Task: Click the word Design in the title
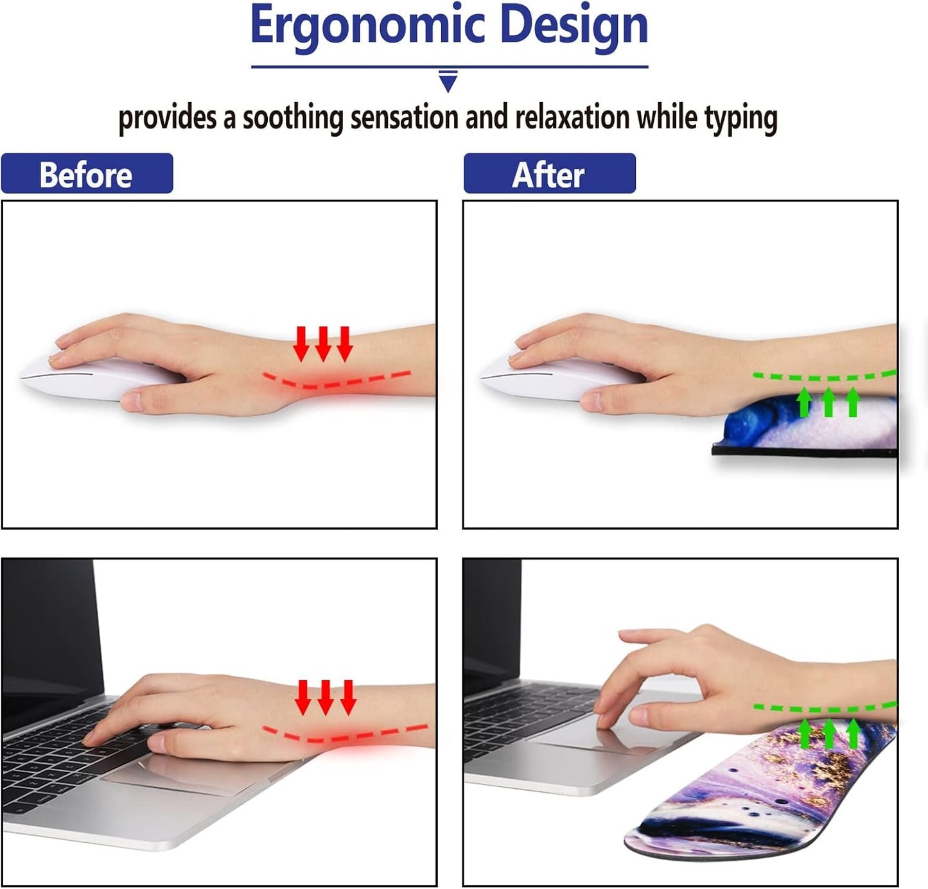573,26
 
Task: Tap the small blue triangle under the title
448,82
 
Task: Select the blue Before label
87,174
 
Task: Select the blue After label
549,174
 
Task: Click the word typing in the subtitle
740,118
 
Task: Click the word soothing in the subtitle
293,118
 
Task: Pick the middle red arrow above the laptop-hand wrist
326,696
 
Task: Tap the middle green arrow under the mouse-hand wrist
828,402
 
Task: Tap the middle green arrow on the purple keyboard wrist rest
829,734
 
